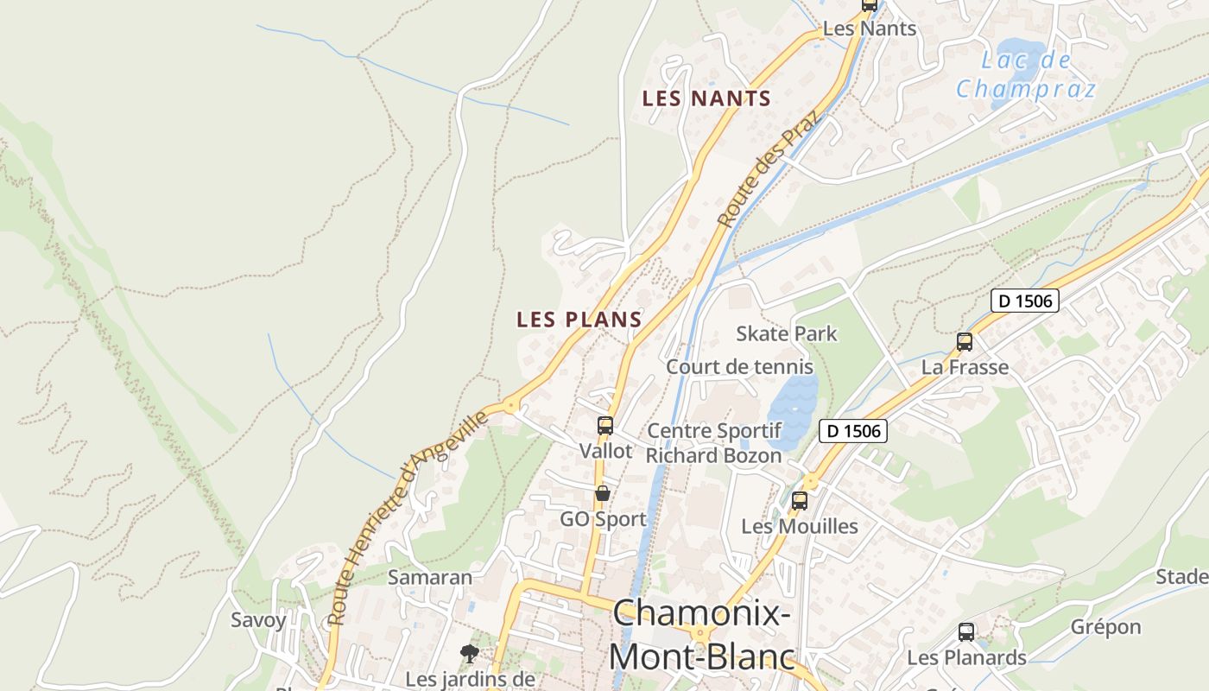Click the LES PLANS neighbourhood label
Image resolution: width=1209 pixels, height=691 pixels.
coord(579,320)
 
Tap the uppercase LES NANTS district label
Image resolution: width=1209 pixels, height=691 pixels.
coord(706,98)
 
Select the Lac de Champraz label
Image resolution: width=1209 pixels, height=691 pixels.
coord(1026,74)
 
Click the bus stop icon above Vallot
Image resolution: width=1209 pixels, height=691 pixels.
coord(605,426)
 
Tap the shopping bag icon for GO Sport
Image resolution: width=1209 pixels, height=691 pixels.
coord(603,494)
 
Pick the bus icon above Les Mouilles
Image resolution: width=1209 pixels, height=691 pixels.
coord(800,500)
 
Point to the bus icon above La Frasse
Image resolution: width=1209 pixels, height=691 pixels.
coord(965,342)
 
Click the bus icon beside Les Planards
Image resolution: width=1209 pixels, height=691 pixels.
coord(966,632)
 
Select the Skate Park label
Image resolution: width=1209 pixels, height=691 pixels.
coord(786,333)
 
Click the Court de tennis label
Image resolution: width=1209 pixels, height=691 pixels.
coord(739,366)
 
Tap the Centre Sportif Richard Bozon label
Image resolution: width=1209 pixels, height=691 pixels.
coord(714,442)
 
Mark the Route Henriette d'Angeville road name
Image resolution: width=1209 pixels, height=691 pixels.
coord(408,518)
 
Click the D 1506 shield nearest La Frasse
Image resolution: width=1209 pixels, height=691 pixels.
coord(1024,301)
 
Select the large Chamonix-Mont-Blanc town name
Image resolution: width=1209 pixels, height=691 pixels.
coord(701,636)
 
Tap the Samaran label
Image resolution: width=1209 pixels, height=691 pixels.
coord(430,577)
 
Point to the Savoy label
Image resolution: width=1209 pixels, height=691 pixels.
coord(258,619)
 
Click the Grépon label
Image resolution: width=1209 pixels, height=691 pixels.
coord(1105,627)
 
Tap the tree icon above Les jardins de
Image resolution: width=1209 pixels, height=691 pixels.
coord(470,653)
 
